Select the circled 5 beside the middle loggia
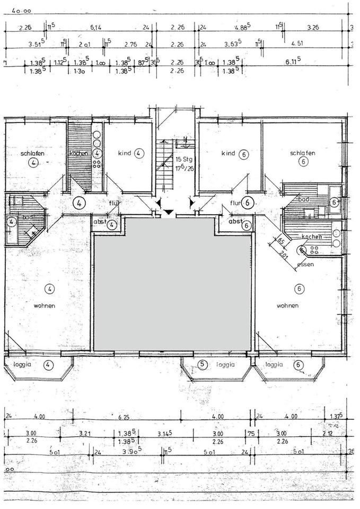(202, 364)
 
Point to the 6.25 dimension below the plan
(124, 417)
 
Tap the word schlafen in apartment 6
(303, 153)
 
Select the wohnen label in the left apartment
(45, 306)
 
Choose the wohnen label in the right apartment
(287, 306)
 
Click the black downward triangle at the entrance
(169, 213)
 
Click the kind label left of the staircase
(125, 153)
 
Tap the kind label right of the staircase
(228, 153)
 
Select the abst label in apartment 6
(235, 222)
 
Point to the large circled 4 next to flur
(79, 202)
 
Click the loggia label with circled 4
(23, 364)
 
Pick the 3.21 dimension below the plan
(86, 433)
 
